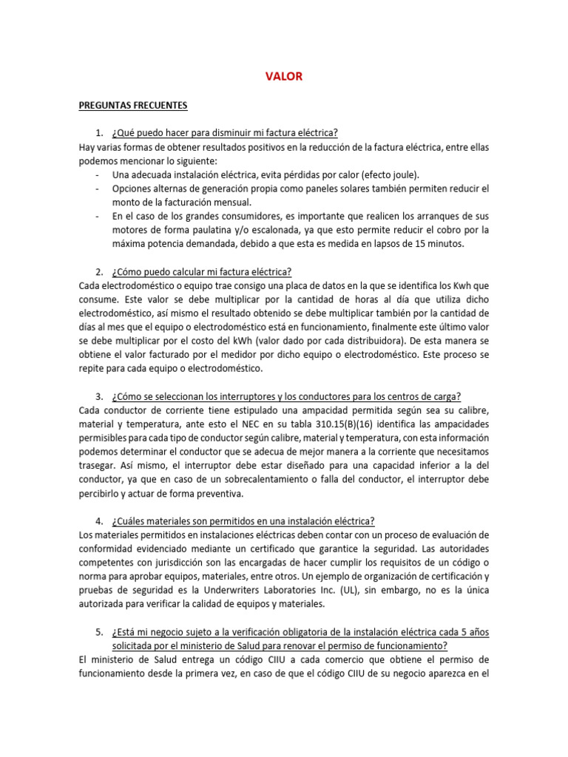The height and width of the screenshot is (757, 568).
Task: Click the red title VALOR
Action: click(x=284, y=76)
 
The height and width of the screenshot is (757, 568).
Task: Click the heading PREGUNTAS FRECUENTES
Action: click(x=133, y=105)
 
